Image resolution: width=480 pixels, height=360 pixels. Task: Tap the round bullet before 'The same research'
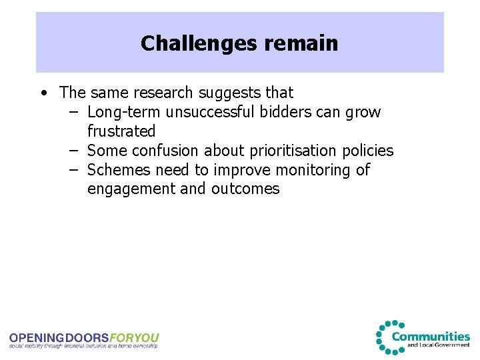coord(43,93)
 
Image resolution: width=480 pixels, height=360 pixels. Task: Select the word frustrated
coord(121,131)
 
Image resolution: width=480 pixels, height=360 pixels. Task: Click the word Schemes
coord(117,170)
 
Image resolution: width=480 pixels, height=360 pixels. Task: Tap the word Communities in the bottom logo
coord(431,336)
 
